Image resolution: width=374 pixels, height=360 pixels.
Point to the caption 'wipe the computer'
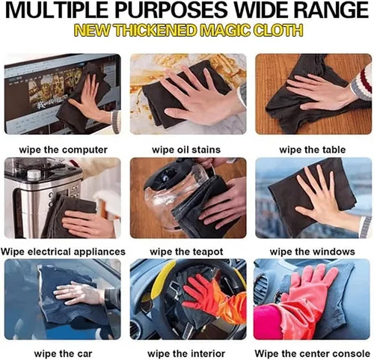click(63, 150)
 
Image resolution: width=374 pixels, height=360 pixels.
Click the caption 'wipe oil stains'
click(186, 150)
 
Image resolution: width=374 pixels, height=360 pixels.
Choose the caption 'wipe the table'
click(312, 150)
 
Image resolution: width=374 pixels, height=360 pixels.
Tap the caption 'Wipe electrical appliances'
click(63, 251)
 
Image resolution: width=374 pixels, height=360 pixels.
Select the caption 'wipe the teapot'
click(186, 251)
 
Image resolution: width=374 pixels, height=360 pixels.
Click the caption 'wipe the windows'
click(312, 251)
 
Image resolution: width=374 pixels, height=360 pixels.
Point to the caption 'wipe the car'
click(63, 353)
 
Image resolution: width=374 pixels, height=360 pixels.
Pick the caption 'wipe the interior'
click(186, 353)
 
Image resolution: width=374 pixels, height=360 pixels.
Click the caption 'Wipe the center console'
click(312, 353)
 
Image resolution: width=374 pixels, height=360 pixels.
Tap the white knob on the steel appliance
click(34, 174)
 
